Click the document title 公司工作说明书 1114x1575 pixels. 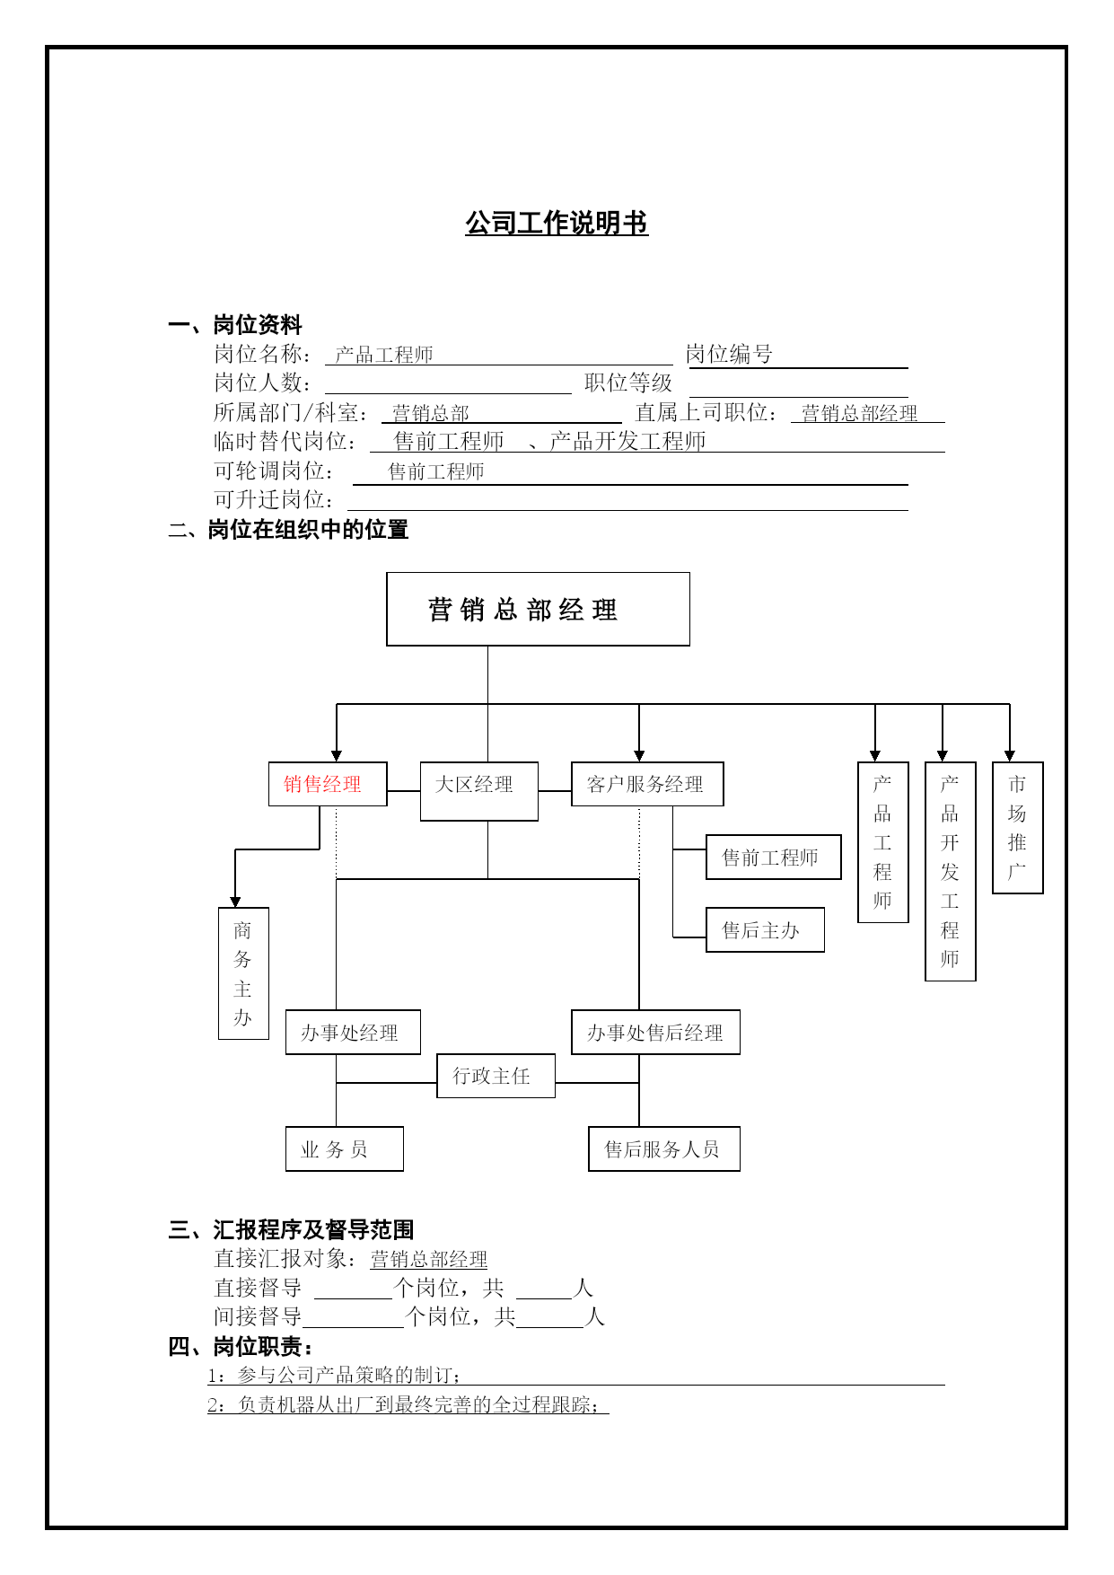coord(557,224)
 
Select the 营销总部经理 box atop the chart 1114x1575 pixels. coord(538,609)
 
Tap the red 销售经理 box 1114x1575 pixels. coord(328,784)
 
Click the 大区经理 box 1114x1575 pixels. coord(479,791)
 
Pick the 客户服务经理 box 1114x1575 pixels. coord(647,784)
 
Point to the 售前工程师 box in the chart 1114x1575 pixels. coord(774,858)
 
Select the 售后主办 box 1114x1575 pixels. coord(765,930)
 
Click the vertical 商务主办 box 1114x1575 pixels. coord(243,973)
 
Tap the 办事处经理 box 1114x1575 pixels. coord(353,1033)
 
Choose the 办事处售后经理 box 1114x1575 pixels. coord(655,1033)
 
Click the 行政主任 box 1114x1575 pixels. coord(496,1076)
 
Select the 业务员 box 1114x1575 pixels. coord(345,1149)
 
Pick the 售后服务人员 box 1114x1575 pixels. coord(664,1149)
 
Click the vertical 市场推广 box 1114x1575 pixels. coord(1017,828)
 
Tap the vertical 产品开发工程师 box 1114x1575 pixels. coord(951,871)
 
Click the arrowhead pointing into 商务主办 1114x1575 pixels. coord(235,902)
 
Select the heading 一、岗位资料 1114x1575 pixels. coord(235,325)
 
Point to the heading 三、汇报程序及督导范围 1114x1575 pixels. coord(291,1229)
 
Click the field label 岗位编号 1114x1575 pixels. coord(729,354)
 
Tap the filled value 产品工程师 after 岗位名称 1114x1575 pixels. coord(384,355)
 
